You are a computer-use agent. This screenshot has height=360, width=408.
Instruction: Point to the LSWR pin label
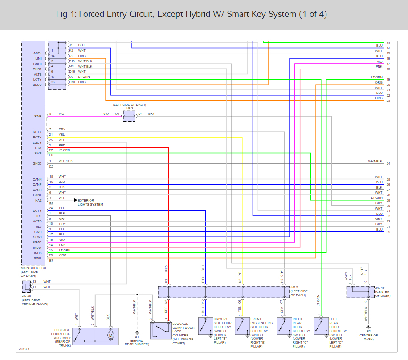coord(37,117)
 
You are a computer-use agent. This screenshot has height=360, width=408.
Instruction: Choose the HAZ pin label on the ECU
coord(38,200)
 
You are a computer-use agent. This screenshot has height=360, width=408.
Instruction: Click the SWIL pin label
coord(37,258)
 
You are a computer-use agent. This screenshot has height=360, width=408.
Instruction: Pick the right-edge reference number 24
coord(388,164)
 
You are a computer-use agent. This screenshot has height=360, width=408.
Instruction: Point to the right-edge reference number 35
coord(388,232)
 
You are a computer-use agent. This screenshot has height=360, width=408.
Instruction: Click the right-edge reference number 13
coord(388,43)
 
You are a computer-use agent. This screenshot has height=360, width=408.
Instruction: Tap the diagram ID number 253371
coord(25,350)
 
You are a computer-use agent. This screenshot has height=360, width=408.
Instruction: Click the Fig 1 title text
coord(192,14)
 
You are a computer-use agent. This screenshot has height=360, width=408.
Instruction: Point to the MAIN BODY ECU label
coord(33,271)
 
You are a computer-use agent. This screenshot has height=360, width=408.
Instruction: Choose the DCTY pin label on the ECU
coord(37,210)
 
